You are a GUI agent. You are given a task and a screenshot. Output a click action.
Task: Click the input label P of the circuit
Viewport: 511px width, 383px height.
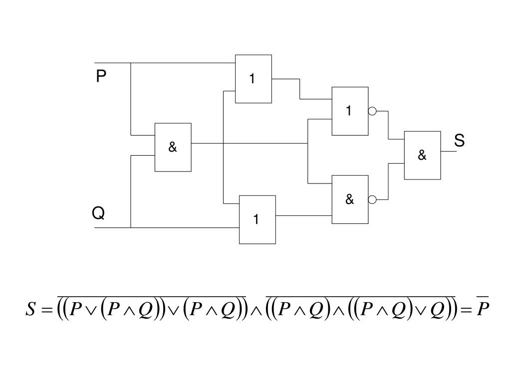[x=101, y=76]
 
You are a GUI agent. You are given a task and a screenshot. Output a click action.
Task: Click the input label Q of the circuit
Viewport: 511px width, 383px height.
[x=98, y=213]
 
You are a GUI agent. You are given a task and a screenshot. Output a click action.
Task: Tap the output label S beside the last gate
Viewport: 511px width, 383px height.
[x=459, y=141]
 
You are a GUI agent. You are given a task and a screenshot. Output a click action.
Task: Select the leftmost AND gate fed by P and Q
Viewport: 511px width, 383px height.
[x=173, y=147]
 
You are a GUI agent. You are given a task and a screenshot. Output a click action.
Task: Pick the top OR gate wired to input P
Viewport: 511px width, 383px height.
[x=253, y=79]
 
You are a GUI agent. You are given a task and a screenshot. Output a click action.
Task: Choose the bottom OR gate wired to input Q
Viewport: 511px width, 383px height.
[x=257, y=219]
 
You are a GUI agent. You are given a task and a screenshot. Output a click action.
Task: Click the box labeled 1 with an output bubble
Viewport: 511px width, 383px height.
[x=350, y=111]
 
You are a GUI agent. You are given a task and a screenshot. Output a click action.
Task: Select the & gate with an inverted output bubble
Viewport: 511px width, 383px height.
[x=350, y=199]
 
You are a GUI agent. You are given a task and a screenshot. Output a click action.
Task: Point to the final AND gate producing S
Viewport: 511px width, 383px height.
[x=422, y=155]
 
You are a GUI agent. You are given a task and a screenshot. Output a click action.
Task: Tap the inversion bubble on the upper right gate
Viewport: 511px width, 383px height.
[x=372, y=111]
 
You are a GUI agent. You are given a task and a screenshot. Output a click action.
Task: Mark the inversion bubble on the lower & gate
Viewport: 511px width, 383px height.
[x=372, y=200]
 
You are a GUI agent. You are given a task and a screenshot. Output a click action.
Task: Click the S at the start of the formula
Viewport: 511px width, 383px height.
[x=31, y=310]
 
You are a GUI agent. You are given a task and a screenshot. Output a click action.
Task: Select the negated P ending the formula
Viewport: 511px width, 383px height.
[x=483, y=309]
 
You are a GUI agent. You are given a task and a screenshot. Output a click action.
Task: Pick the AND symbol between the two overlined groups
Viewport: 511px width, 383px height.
[x=256, y=310]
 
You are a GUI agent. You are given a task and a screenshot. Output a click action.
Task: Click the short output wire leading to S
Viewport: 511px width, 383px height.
[x=448, y=151]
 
